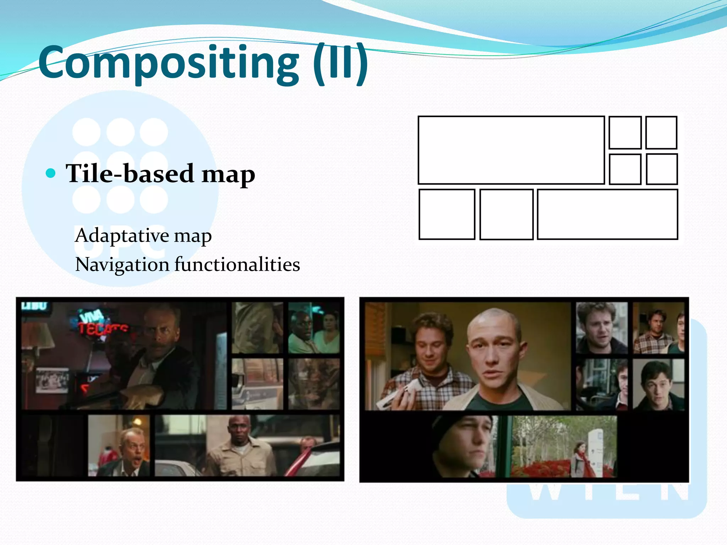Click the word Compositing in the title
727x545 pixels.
point(169,63)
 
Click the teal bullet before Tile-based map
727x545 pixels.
point(51,173)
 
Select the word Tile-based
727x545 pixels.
point(130,174)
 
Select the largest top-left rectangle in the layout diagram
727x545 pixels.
point(511,150)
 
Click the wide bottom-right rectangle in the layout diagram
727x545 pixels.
point(607,214)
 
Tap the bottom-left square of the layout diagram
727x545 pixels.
point(447,214)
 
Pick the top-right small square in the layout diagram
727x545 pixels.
point(661,133)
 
